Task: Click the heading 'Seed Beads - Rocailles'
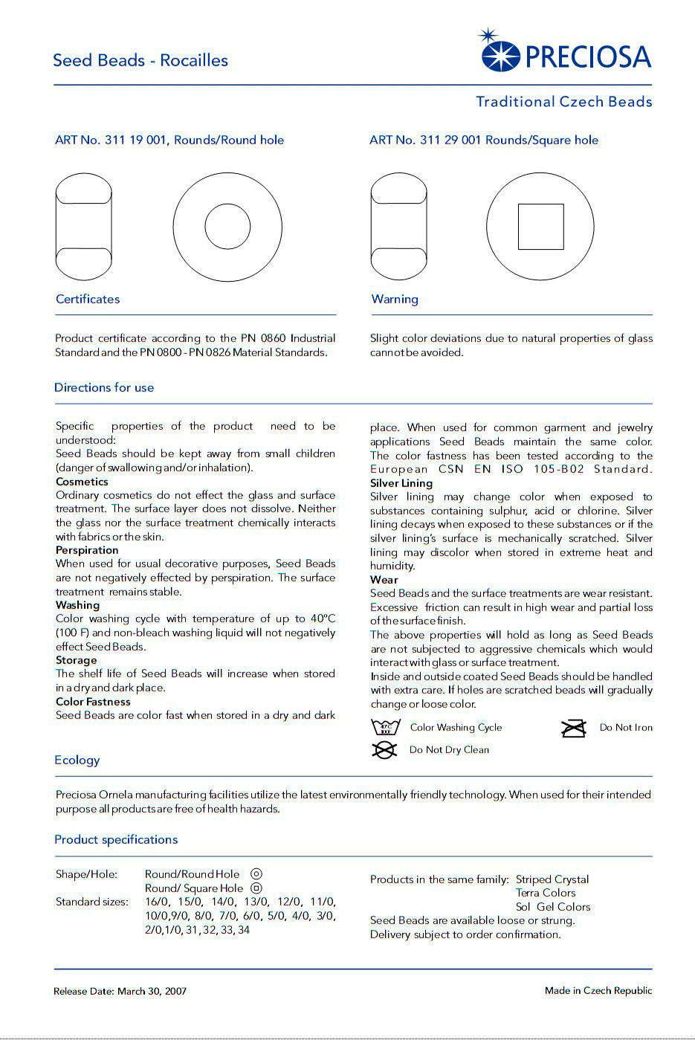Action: [x=140, y=60]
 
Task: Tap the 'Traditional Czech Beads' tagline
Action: [x=563, y=102]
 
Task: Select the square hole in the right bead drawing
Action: [x=540, y=227]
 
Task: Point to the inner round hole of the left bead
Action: [x=227, y=227]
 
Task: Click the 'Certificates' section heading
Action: [x=88, y=299]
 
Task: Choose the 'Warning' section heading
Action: [x=395, y=299]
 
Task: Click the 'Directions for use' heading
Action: [x=104, y=387]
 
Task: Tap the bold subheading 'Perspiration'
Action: [x=87, y=550]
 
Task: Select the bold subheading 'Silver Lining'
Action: [x=401, y=483]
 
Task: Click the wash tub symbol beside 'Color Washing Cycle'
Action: [x=385, y=727]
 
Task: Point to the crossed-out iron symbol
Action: [x=574, y=728]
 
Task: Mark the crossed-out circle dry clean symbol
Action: [x=384, y=750]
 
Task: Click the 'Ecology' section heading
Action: [x=77, y=760]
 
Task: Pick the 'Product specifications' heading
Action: [x=116, y=839]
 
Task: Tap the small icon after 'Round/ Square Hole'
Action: [x=256, y=888]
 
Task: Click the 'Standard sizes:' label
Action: [x=92, y=902]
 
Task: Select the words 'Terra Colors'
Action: [x=546, y=893]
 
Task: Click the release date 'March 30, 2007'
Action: [x=152, y=991]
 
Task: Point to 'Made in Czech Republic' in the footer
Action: [x=598, y=990]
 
